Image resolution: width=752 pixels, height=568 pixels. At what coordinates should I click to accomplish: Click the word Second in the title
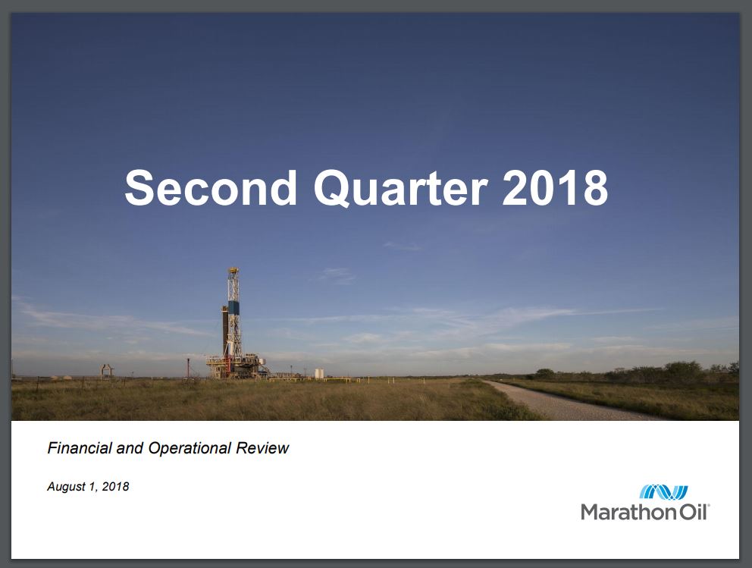[211, 187]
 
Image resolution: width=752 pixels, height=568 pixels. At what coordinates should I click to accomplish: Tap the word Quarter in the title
[401, 188]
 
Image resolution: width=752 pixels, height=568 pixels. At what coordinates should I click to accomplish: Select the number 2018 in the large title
[555, 187]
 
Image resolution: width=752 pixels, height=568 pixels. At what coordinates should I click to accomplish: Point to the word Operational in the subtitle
[190, 448]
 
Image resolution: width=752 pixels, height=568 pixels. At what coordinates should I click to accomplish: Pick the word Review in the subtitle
[262, 448]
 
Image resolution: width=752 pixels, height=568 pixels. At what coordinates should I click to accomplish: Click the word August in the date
[66, 487]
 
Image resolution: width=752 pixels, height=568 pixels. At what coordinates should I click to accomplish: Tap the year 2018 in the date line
[115, 486]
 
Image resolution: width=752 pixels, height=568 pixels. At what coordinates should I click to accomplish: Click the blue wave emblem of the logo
[664, 492]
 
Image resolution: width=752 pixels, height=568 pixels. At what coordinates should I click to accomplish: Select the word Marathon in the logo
[628, 512]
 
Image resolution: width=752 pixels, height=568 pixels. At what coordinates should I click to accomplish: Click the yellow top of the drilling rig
[233, 271]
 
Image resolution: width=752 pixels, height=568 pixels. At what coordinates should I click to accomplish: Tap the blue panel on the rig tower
[233, 307]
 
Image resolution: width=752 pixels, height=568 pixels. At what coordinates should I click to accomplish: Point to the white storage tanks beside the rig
[319, 373]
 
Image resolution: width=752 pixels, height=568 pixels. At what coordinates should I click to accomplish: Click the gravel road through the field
[566, 400]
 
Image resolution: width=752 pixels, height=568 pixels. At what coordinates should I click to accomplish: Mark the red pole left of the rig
[189, 368]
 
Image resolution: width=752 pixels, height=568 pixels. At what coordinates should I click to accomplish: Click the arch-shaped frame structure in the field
[106, 371]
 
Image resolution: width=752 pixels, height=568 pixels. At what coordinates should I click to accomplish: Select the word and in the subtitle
[130, 448]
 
